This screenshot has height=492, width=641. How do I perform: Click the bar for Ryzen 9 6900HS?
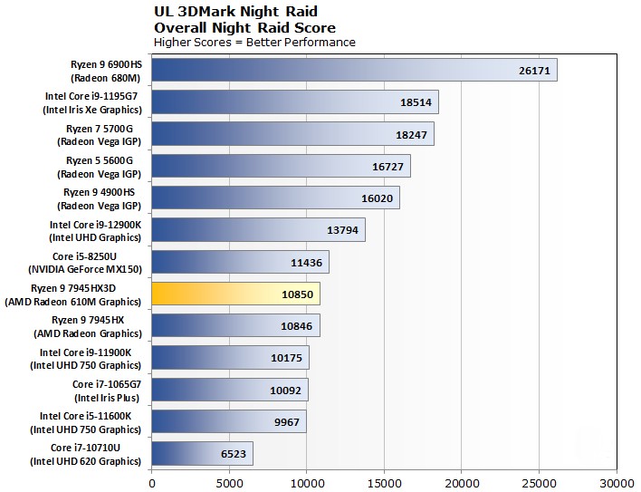[353, 71]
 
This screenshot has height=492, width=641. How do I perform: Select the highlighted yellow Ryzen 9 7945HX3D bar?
[235, 294]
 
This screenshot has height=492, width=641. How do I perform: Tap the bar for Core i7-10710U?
[202, 454]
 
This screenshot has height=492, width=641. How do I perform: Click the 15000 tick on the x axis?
[384, 483]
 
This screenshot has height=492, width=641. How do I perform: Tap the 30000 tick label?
[617, 483]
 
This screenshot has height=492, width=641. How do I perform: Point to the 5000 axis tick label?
[229, 483]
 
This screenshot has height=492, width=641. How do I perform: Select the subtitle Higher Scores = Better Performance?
[254, 42]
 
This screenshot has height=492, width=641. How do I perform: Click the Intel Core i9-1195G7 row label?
[92, 102]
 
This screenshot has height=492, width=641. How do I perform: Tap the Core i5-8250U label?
[96, 262]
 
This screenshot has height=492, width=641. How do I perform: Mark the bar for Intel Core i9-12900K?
[258, 230]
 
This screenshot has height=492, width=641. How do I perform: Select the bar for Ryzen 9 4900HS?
[275, 198]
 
